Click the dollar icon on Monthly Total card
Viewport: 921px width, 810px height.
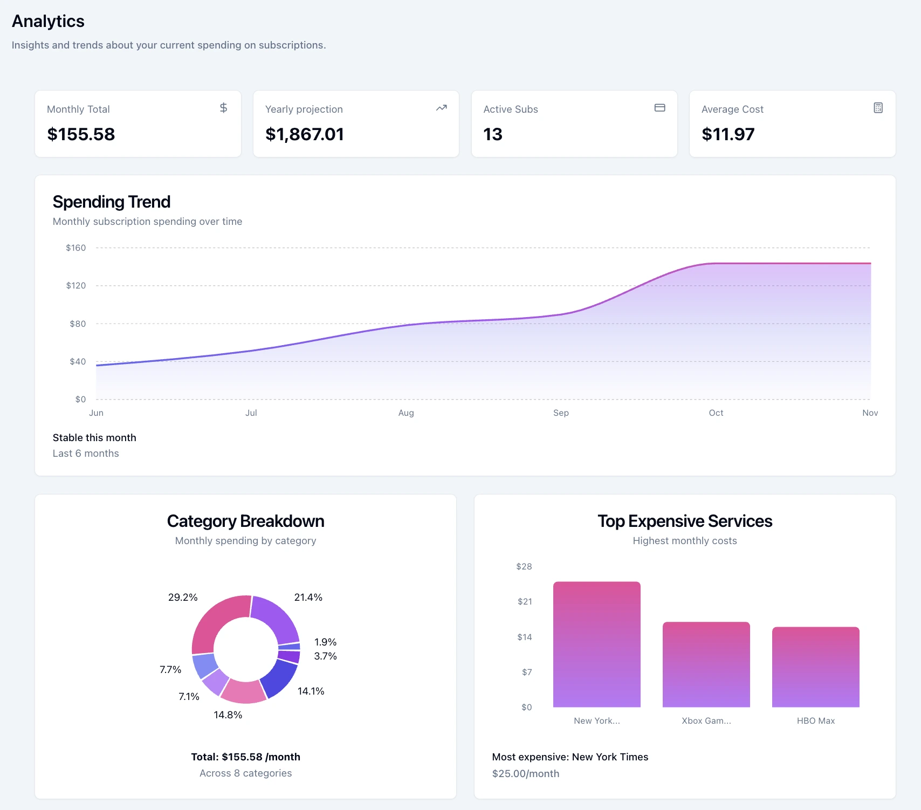(223, 108)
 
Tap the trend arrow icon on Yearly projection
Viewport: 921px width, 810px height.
(442, 108)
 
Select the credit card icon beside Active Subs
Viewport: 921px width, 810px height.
(659, 108)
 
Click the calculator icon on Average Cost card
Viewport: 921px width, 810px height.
(878, 108)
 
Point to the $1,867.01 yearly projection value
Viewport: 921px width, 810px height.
(305, 134)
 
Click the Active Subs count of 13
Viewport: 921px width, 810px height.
(493, 134)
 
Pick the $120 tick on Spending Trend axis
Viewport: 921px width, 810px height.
(76, 285)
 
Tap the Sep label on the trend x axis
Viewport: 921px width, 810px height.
(561, 413)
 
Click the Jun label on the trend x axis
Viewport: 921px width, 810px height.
(96, 413)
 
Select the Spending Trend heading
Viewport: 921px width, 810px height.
(112, 202)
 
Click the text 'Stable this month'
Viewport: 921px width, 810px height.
(94, 437)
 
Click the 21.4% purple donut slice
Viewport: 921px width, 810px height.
(277, 617)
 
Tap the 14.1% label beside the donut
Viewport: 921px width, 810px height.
(311, 691)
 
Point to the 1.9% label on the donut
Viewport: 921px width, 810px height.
(325, 642)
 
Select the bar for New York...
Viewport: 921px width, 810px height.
(597, 644)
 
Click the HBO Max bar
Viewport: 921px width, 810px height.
(815, 667)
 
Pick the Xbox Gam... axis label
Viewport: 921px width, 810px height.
(706, 720)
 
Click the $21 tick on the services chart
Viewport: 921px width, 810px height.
(525, 601)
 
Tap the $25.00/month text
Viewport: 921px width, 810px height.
(526, 773)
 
